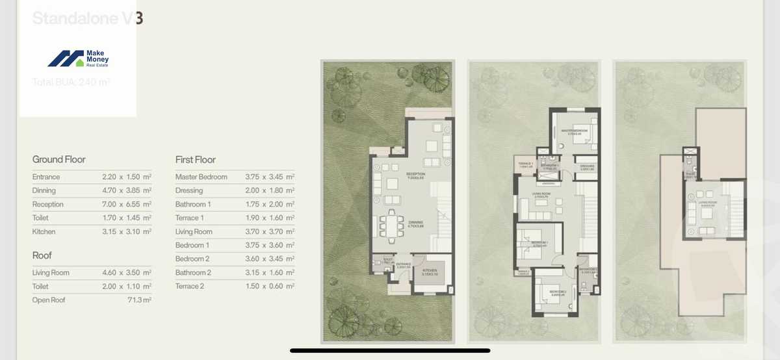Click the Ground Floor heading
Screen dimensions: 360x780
[x=59, y=159]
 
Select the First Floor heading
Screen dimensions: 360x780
[x=196, y=159]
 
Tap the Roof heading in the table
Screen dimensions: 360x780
[x=42, y=255]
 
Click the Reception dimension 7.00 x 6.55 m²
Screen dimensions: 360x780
[x=127, y=204]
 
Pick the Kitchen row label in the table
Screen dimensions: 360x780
[x=44, y=231]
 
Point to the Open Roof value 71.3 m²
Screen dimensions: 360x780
[x=139, y=300]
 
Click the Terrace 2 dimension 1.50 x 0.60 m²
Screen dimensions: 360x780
[x=270, y=286]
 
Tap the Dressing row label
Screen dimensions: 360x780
[x=189, y=190]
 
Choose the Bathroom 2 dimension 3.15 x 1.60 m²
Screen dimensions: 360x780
[x=270, y=272]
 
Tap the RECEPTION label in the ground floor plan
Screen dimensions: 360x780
[x=415, y=174]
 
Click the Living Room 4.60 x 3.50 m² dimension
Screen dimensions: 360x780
[x=127, y=273]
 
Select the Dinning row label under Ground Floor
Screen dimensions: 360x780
[x=44, y=190]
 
